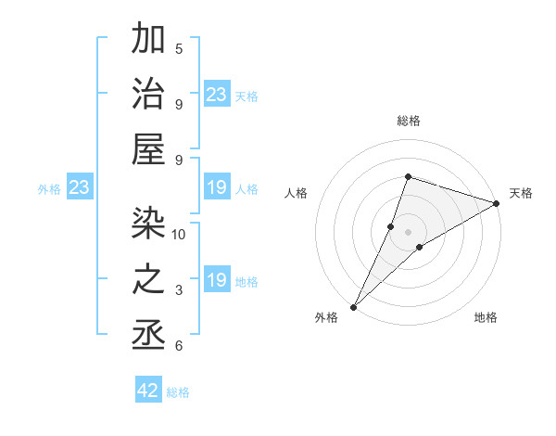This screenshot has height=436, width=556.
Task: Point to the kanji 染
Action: coord(149,222)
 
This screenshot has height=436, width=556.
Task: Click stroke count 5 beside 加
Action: coord(179,48)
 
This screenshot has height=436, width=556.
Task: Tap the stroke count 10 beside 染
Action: coord(179,234)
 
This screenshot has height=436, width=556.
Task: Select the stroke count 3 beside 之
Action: coord(179,290)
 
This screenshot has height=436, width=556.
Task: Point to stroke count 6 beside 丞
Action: coord(179,346)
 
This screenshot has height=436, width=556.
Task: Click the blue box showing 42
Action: coord(148,391)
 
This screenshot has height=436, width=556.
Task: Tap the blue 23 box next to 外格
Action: coord(79,188)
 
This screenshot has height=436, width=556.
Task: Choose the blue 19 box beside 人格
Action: coord(217,188)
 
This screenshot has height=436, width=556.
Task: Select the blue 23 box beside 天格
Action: coord(217,95)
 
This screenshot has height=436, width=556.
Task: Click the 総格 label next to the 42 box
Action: coord(178,392)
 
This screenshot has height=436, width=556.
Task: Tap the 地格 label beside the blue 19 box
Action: coord(246,282)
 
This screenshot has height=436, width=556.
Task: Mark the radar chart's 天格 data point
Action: coord(496,205)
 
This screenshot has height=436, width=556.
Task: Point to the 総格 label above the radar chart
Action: coord(409,121)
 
